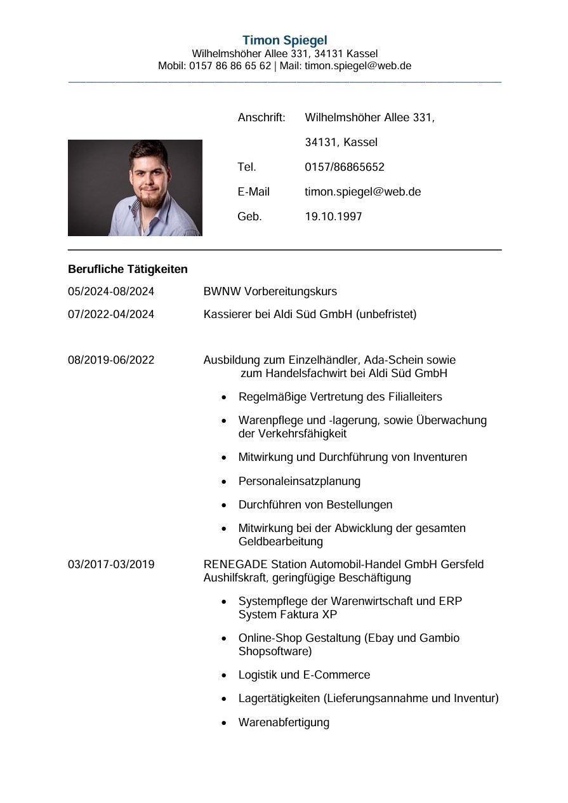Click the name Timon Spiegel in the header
click(x=284, y=41)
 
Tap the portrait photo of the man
click(x=135, y=188)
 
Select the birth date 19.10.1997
click(x=333, y=216)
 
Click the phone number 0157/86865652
click(x=345, y=167)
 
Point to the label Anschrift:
click(x=261, y=117)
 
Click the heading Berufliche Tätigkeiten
click(x=128, y=269)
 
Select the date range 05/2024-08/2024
click(x=111, y=291)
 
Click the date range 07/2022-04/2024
click(x=111, y=314)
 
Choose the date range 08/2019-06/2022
click(x=111, y=360)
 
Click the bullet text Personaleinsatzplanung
click(x=299, y=481)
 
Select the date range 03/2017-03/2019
click(x=111, y=564)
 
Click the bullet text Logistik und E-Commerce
click(x=304, y=675)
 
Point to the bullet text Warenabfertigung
click(x=284, y=722)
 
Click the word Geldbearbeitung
click(x=281, y=541)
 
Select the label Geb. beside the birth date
click(x=249, y=216)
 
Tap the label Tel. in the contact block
click(x=247, y=167)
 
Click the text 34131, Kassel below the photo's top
click(x=341, y=142)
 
